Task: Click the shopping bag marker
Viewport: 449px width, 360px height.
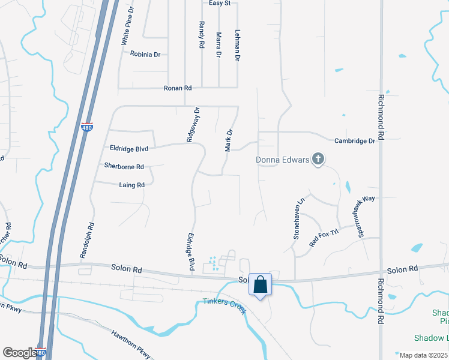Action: [261, 284]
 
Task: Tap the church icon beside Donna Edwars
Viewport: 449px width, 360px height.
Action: [318, 160]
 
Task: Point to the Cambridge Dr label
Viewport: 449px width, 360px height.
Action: [355, 140]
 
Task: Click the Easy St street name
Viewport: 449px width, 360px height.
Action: [220, 4]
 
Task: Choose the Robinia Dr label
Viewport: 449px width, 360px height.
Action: [145, 54]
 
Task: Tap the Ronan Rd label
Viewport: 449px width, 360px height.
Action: [177, 88]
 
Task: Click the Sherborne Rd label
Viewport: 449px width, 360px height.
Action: [124, 166]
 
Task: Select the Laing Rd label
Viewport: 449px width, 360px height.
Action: [132, 185]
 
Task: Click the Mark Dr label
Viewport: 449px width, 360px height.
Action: [229, 140]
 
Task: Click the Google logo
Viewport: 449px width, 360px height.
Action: [19, 353]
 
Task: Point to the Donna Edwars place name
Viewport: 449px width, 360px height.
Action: [282, 160]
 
